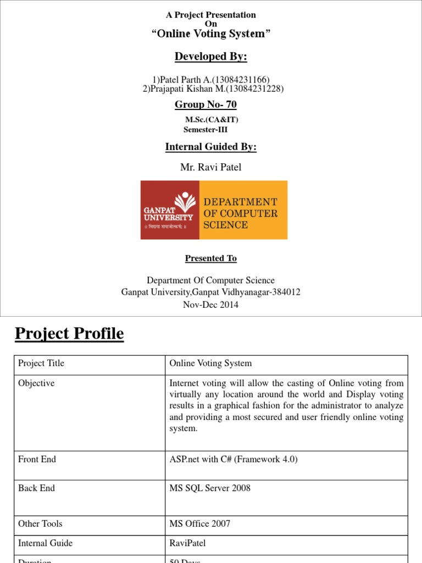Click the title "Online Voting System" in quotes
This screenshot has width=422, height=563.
point(211,34)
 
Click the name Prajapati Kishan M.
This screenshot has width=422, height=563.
point(188,89)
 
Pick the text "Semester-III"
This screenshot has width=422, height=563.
point(205,130)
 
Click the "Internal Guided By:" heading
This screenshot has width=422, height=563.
point(211,147)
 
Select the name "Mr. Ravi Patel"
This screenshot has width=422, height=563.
point(211,167)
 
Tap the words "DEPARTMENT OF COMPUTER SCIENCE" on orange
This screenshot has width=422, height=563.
point(241,213)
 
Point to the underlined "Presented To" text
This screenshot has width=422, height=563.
point(211,258)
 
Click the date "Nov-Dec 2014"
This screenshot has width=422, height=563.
point(211,305)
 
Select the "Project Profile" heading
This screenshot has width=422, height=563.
point(69,334)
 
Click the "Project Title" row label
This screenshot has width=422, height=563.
point(41,363)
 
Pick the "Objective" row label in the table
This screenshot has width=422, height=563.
point(36,383)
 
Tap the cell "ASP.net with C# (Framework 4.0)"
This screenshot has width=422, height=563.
point(234,459)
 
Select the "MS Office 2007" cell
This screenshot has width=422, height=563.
point(200,523)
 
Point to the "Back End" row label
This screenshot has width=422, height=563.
point(37,488)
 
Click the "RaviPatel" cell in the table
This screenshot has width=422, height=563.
point(187,543)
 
